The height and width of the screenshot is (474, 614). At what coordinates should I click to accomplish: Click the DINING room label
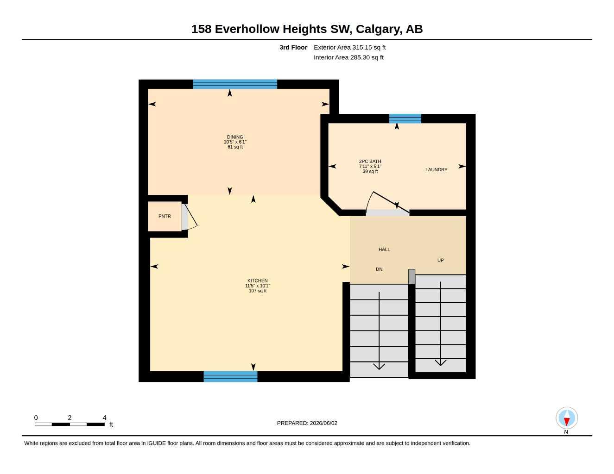(x=235, y=137)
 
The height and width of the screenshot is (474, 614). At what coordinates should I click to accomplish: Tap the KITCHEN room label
(x=257, y=281)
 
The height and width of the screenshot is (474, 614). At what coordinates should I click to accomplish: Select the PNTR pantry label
(x=165, y=216)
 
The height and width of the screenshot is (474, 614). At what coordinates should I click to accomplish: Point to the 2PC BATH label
(x=370, y=162)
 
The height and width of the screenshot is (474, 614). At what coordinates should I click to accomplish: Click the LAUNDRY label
(x=436, y=169)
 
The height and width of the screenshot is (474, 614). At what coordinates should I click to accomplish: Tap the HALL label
(x=384, y=249)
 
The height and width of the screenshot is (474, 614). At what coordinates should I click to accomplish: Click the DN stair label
(x=379, y=269)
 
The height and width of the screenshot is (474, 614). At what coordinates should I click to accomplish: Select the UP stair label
(x=440, y=260)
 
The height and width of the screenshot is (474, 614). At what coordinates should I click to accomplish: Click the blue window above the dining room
(x=235, y=84)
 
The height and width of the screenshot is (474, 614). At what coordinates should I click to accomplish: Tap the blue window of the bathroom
(x=405, y=118)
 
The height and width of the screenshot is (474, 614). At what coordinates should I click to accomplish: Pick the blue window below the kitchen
(x=230, y=376)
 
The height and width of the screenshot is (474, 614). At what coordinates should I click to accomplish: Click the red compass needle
(x=567, y=422)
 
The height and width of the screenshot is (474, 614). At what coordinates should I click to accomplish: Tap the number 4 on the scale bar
(x=104, y=418)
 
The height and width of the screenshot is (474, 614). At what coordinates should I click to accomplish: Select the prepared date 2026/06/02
(x=323, y=423)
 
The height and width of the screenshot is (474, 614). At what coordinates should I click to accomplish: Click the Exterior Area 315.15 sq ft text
(x=349, y=47)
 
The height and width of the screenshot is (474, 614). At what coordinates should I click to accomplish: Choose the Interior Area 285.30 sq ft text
(x=348, y=57)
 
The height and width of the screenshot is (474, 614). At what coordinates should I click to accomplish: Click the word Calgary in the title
(x=379, y=29)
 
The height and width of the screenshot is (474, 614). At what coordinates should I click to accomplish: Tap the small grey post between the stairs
(x=411, y=276)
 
